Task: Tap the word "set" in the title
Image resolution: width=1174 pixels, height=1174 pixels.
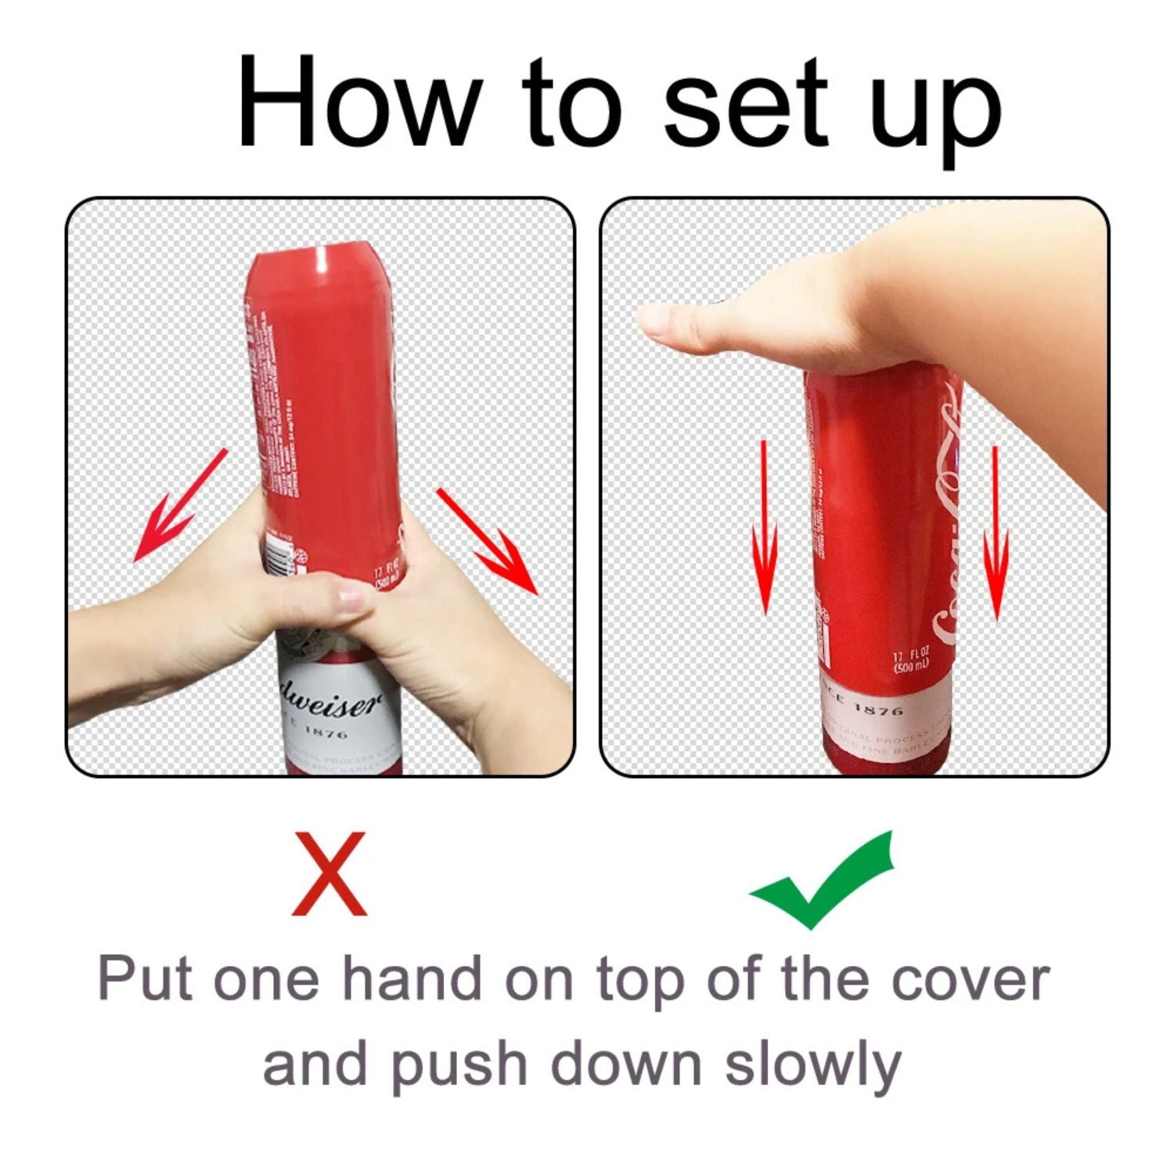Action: point(744,102)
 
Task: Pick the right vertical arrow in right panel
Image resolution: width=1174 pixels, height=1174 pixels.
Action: point(996,532)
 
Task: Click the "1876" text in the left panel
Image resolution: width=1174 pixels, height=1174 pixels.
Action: point(326,733)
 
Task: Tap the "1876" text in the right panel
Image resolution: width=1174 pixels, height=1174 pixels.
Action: point(877,710)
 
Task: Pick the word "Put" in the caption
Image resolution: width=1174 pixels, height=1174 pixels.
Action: point(145,978)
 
